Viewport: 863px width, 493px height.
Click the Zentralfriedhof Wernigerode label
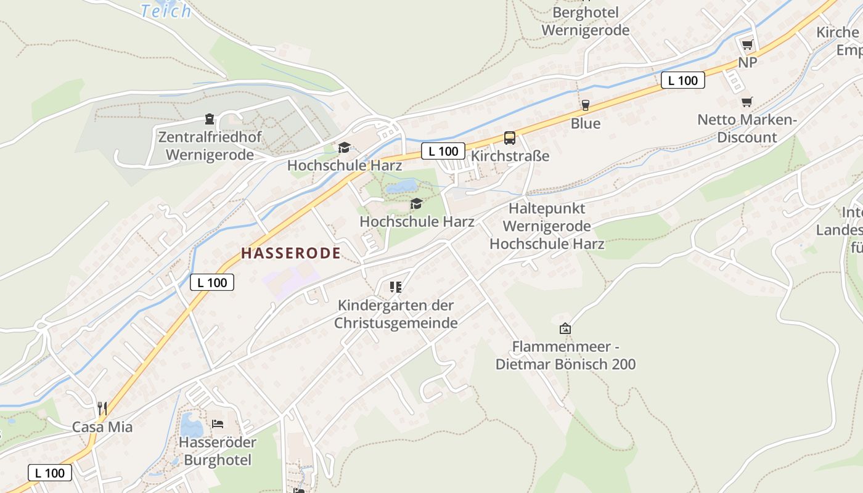(210, 146)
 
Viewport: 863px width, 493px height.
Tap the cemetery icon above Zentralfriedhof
(210, 119)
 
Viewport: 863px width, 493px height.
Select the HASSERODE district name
(291, 253)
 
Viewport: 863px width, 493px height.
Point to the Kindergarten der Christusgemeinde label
(396, 314)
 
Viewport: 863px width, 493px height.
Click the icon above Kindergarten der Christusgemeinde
(396, 287)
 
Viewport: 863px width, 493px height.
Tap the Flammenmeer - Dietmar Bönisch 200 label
(565, 355)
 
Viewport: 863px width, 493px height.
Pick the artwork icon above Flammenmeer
(565, 328)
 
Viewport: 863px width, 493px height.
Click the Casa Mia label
(102, 426)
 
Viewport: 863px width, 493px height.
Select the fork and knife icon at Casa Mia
(102, 408)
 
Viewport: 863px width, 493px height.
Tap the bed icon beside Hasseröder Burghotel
(218, 423)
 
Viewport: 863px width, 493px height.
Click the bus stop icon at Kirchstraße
(509, 138)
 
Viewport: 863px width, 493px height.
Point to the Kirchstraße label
(510, 156)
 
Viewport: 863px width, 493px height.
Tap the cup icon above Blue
(585, 105)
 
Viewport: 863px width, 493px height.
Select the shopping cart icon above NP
(747, 44)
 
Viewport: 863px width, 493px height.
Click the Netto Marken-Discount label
(747, 128)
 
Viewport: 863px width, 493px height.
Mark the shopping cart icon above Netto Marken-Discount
(747, 102)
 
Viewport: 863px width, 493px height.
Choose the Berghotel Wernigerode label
(585, 21)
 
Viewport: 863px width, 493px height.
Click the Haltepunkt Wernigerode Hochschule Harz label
(547, 226)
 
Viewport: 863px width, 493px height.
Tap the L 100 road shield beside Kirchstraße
(443, 151)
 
